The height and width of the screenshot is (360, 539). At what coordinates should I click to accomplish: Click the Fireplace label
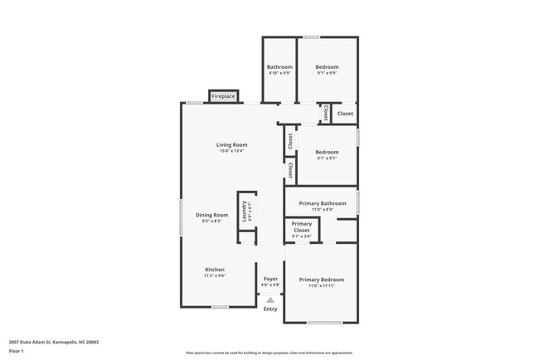click(223, 97)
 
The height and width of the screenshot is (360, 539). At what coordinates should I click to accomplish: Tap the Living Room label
click(232, 145)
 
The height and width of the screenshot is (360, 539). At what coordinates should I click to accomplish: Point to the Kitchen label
click(215, 269)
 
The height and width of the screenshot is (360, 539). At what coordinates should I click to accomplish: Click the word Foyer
click(270, 279)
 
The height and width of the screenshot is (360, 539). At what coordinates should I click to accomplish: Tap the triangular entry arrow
click(270, 300)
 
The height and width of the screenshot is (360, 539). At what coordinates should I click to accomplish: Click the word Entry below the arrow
click(270, 309)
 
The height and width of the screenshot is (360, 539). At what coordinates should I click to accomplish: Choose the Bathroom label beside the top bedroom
click(279, 67)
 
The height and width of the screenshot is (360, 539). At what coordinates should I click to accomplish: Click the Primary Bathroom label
click(322, 203)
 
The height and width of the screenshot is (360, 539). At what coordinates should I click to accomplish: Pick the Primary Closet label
click(301, 226)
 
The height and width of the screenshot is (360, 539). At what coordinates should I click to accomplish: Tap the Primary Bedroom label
click(322, 280)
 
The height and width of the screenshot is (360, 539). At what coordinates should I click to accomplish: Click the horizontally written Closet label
click(344, 114)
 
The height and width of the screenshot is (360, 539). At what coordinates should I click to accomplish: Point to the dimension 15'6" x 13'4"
click(232, 151)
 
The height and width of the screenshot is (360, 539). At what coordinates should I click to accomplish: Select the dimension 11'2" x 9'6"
click(215, 275)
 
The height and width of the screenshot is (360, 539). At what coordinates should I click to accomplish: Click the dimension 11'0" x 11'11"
click(322, 286)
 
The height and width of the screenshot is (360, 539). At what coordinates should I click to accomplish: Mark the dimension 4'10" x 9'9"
click(279, 73)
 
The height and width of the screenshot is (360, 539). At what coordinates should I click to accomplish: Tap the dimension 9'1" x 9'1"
click(327, 158)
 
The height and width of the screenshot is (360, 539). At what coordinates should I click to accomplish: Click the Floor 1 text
click(17, 350)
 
